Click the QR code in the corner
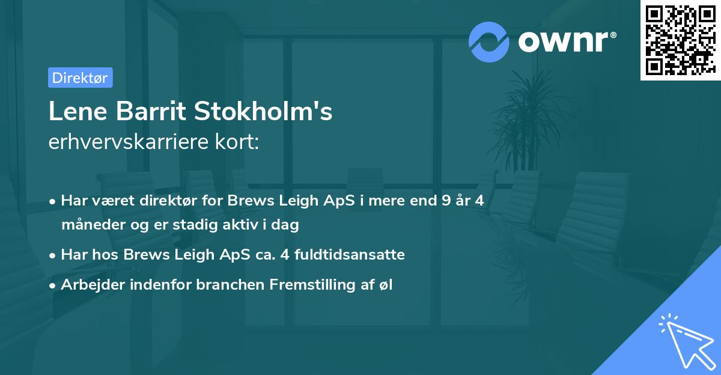pyautogui.click(x=680, y=40)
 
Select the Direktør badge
pyautogui.click(x=80, y=78)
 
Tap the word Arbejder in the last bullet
pyautogui.click(x=88, y=285)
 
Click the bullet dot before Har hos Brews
pyautogui.click(x=53, y=255)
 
